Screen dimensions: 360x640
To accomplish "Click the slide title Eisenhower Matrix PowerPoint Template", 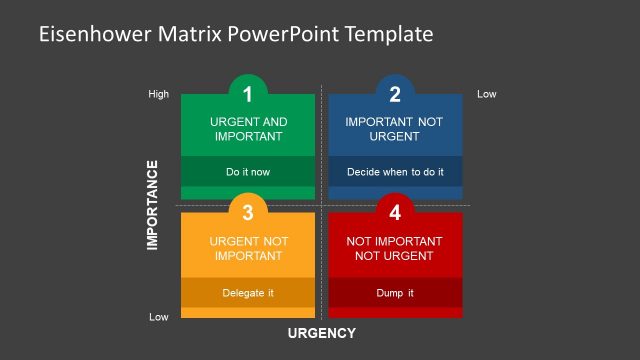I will (236, 34).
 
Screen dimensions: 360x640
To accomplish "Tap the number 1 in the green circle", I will (248, 95).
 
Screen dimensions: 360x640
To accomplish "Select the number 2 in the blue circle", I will (395, 95).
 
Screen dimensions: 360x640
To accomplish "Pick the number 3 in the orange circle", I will (248, 212).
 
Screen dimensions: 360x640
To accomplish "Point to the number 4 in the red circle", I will (395, 212).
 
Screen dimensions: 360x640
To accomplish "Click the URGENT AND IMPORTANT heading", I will (248, 129).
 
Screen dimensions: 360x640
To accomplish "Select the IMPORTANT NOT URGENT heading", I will (395, 129).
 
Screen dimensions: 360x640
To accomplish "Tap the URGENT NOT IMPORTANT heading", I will (248, 248).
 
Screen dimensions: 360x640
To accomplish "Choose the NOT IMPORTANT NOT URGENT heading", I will (395, 248).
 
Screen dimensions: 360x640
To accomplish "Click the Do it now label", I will (248, 172).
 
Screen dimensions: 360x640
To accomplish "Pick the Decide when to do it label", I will (395, 172).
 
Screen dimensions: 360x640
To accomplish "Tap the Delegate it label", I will (248, 293).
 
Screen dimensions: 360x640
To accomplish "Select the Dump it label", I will (395, 293).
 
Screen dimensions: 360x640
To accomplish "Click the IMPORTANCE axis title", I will (153, 205).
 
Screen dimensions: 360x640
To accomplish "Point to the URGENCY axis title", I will (322, 333).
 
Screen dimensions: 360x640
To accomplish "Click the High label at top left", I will (159, 95).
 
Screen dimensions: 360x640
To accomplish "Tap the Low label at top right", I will (487, 94).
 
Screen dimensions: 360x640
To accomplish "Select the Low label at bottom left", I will (159, 316).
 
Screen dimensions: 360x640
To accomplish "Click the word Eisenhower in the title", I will (93, 34).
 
